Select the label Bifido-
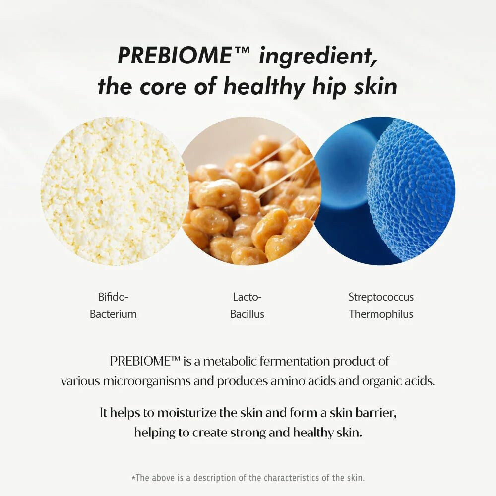113,297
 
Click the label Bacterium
113,314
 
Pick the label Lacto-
247,297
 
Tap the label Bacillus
247,314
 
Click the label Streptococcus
381,297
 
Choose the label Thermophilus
381,314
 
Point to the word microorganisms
158,381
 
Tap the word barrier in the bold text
375,413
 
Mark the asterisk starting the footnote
133,479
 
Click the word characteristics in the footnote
293,478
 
